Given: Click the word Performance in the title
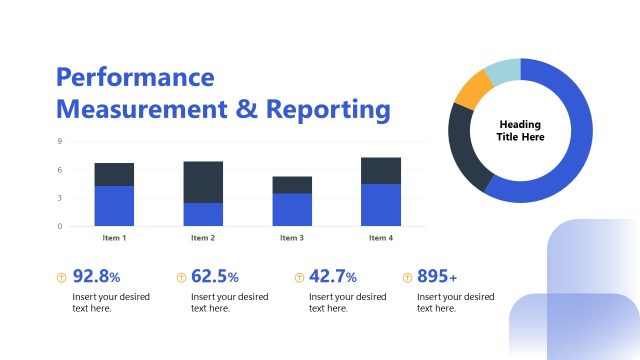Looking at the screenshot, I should click(135, 77).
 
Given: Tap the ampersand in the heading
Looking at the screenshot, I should click(247, 109).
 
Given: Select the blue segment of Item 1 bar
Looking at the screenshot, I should click(114, 206).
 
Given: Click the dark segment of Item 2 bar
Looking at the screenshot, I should click(203, 182).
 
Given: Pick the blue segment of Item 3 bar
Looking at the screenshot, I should click(292, 210).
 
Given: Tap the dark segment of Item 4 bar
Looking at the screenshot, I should click(380, 171).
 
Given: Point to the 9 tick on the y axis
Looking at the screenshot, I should click(59, 142).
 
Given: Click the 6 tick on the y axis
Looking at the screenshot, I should click(59, 170).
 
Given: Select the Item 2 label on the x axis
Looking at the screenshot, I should click(203, 238).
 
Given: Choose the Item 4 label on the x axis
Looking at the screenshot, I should click(380, 238).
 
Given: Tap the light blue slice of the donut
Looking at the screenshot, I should click(501, 71).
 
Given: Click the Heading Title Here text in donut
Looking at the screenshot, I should click(520, 131).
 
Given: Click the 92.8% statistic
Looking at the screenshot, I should click(97, 277).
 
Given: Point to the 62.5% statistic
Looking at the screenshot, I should click(215, 277).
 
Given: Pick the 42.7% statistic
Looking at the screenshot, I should click(333, 277).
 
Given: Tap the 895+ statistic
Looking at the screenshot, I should click(438, 277).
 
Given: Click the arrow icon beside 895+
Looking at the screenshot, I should click(407, 277).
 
